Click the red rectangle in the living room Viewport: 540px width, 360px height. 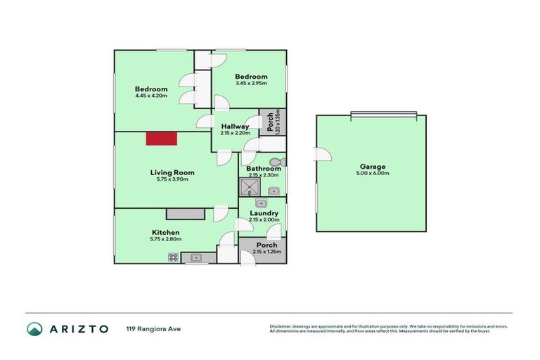tap(162, 139)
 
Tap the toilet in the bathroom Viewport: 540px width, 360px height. tap(274, 162)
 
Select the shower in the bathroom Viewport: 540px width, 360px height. tap(250, 187)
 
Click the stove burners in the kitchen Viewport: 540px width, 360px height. tap(173, 258)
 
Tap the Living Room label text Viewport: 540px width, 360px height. tap(172, 172)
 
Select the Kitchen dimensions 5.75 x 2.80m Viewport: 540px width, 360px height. tap(165, 239)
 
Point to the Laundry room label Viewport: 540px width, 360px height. tap(264, 213)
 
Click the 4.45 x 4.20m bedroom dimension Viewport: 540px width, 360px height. tap(151, 96)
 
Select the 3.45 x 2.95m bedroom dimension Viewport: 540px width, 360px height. tap(251, 84)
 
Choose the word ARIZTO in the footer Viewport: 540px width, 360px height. tap(78, 328)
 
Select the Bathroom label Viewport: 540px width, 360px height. tap(264, 169)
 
